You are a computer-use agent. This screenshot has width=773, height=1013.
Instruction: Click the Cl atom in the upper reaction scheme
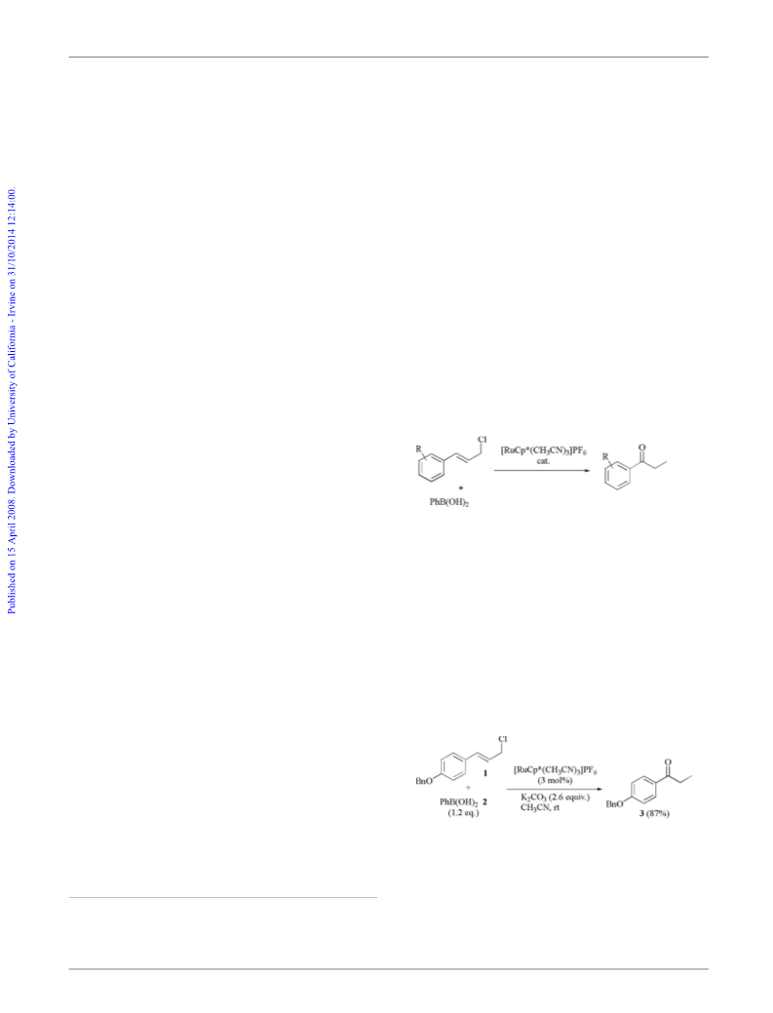(x=482, y=440)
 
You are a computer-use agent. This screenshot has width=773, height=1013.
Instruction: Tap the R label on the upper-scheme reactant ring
(x=418, y=448)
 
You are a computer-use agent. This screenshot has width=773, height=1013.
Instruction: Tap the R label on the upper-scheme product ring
(x=605, y=456)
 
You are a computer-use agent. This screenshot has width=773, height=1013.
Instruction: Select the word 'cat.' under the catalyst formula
(x=543, y=460)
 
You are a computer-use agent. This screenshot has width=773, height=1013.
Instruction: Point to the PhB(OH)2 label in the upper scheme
(x=448, y=502)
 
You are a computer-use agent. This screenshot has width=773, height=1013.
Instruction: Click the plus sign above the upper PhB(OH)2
(x=460, y=487)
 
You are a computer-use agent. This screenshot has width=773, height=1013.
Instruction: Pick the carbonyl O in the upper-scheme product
(x=640, y=447)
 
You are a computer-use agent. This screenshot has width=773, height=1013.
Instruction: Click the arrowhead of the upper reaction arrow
(x=586, y=470)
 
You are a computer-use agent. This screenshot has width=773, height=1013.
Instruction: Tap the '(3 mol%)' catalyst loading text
(x=555, y=780)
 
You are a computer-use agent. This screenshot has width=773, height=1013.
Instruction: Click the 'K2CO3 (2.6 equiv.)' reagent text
(x=555, y=798)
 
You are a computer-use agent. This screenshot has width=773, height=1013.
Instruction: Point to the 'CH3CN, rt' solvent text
(x=540, y=807)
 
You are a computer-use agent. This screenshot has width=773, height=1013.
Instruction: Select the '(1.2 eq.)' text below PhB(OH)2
(x=464, y=813)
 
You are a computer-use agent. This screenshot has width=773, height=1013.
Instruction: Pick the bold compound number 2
(x=483, y=801)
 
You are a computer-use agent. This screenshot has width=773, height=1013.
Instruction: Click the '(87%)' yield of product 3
(x=658, y=813)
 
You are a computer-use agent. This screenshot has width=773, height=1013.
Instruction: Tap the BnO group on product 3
(x=614, y=804)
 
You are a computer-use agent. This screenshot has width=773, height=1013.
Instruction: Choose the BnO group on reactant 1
(x=424, y=782)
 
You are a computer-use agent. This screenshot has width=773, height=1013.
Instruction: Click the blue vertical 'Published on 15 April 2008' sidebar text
(x=12, y=401)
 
